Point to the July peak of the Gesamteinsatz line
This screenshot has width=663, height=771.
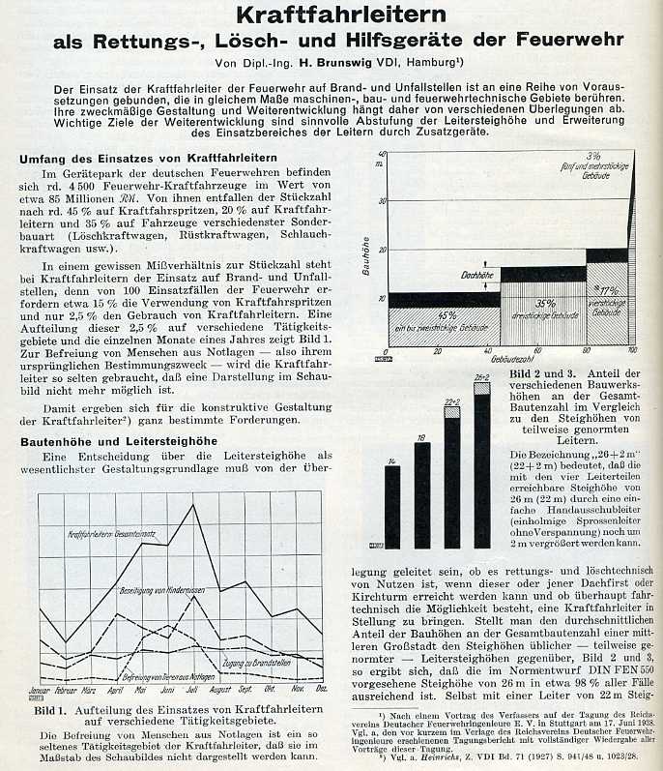[x=193, y=505]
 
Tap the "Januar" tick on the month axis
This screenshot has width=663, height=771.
[x=40, y=690]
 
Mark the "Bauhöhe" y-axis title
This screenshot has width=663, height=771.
[x=366, y=256]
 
